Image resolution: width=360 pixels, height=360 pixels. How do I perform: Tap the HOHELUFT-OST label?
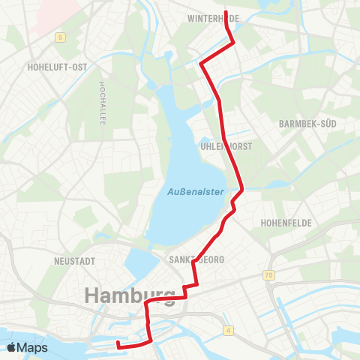pos(57,67)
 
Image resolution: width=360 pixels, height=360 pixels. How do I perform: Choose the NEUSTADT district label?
pos(74,261)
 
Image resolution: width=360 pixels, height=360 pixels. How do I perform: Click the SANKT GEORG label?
pos(192,259)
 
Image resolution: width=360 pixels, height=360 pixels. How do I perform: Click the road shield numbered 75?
pos(269,275)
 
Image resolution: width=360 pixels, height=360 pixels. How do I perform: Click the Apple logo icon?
pos(12,347)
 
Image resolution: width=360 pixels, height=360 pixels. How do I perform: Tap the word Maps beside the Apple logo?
pos(33,347)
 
